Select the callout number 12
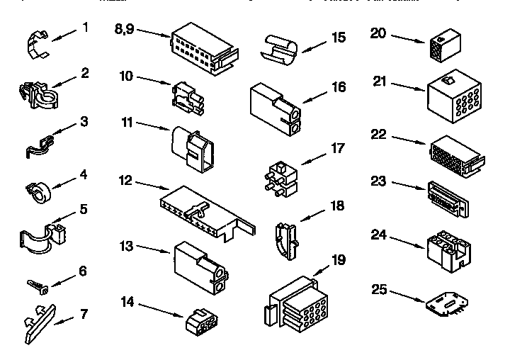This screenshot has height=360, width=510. coord(125,181)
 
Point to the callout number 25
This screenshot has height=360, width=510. coord(380,288)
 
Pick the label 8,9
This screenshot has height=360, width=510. coord(125,29)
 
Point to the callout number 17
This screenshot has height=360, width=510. coord(338,149)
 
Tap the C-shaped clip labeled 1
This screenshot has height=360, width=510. coord(37,45)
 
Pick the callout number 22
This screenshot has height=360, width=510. coord(380,135)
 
